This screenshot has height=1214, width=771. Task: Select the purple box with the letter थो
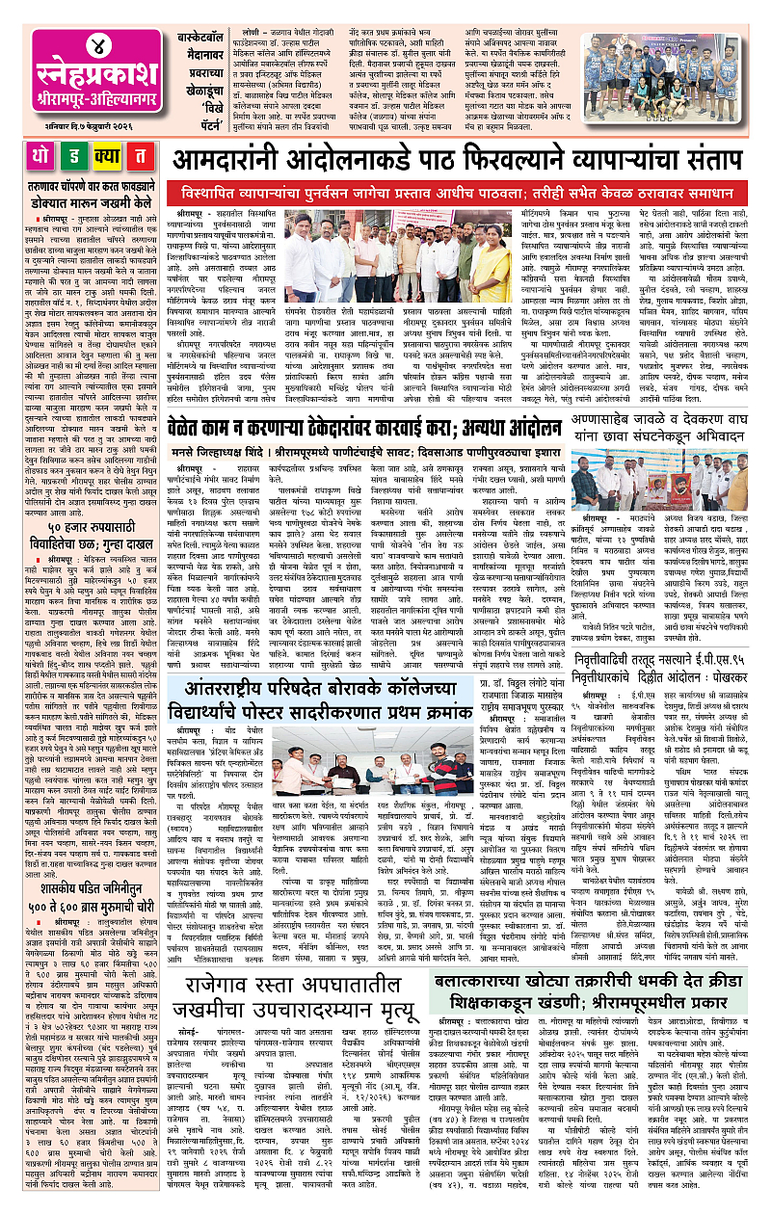19,156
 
